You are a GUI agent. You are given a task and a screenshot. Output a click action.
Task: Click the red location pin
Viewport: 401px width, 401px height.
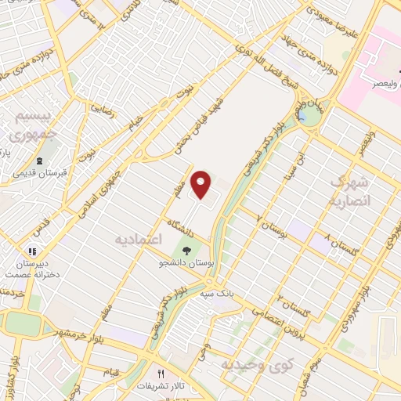202,184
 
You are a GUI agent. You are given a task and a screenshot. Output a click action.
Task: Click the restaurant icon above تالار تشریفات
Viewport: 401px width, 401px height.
161,374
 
